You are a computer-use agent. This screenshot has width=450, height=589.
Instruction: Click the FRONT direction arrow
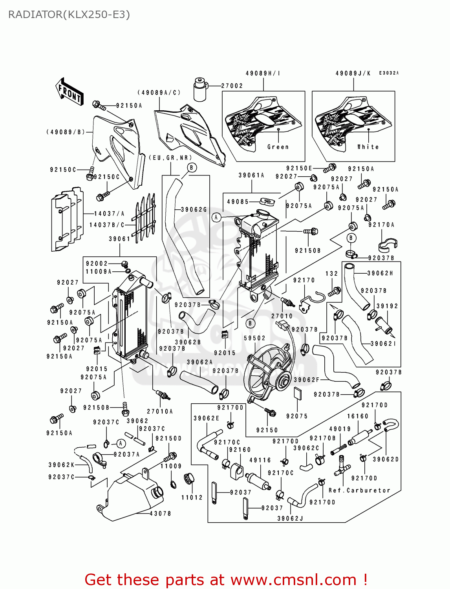point(70,92)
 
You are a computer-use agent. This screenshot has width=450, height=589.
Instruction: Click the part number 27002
point(232,86)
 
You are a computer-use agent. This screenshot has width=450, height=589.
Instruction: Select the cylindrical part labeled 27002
point(200,90)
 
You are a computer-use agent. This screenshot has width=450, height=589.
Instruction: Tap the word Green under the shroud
point(278,147)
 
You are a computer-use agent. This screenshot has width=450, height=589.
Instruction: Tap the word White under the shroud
point(368,147)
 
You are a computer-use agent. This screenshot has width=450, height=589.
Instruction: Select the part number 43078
point(160,514)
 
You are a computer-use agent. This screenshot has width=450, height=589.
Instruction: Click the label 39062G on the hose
point(194,210)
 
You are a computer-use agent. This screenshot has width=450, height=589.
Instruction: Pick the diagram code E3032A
point(389,73)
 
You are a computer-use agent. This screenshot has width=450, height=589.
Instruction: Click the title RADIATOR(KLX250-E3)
point(69,15)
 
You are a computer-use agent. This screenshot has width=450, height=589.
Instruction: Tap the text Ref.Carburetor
point(359,490)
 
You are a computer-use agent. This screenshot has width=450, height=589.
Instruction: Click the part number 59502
point(254,338)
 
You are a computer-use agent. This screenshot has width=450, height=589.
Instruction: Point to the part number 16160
point(358,416)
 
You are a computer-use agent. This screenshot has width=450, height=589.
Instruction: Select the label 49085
point(238,202)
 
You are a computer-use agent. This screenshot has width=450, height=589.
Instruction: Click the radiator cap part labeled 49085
point(267,202)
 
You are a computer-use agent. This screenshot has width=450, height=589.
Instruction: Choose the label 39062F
point(307,380)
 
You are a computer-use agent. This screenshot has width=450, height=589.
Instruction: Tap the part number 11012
point(192,498)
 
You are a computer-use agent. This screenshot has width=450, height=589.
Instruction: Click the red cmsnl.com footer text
point(226,580)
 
